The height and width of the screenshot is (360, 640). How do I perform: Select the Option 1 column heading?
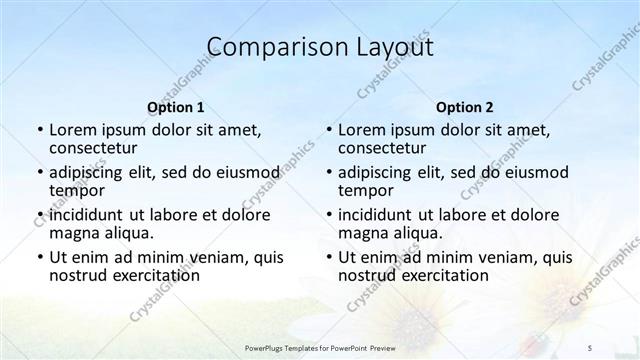pyautogui.click(x=175, y=106)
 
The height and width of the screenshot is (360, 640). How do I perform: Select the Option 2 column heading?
pyautogui.click(x=464, y=106)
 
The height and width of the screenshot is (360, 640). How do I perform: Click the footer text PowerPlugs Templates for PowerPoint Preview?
pyautogui.click(x=321, y=346)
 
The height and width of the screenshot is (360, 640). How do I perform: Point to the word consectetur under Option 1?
pyautogui.click(x=96, y=148)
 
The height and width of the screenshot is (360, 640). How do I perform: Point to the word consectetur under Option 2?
pyautogui.click(x=385, y=148)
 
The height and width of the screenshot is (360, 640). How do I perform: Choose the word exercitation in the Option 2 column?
pyautogui.click(x=436, y=275)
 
